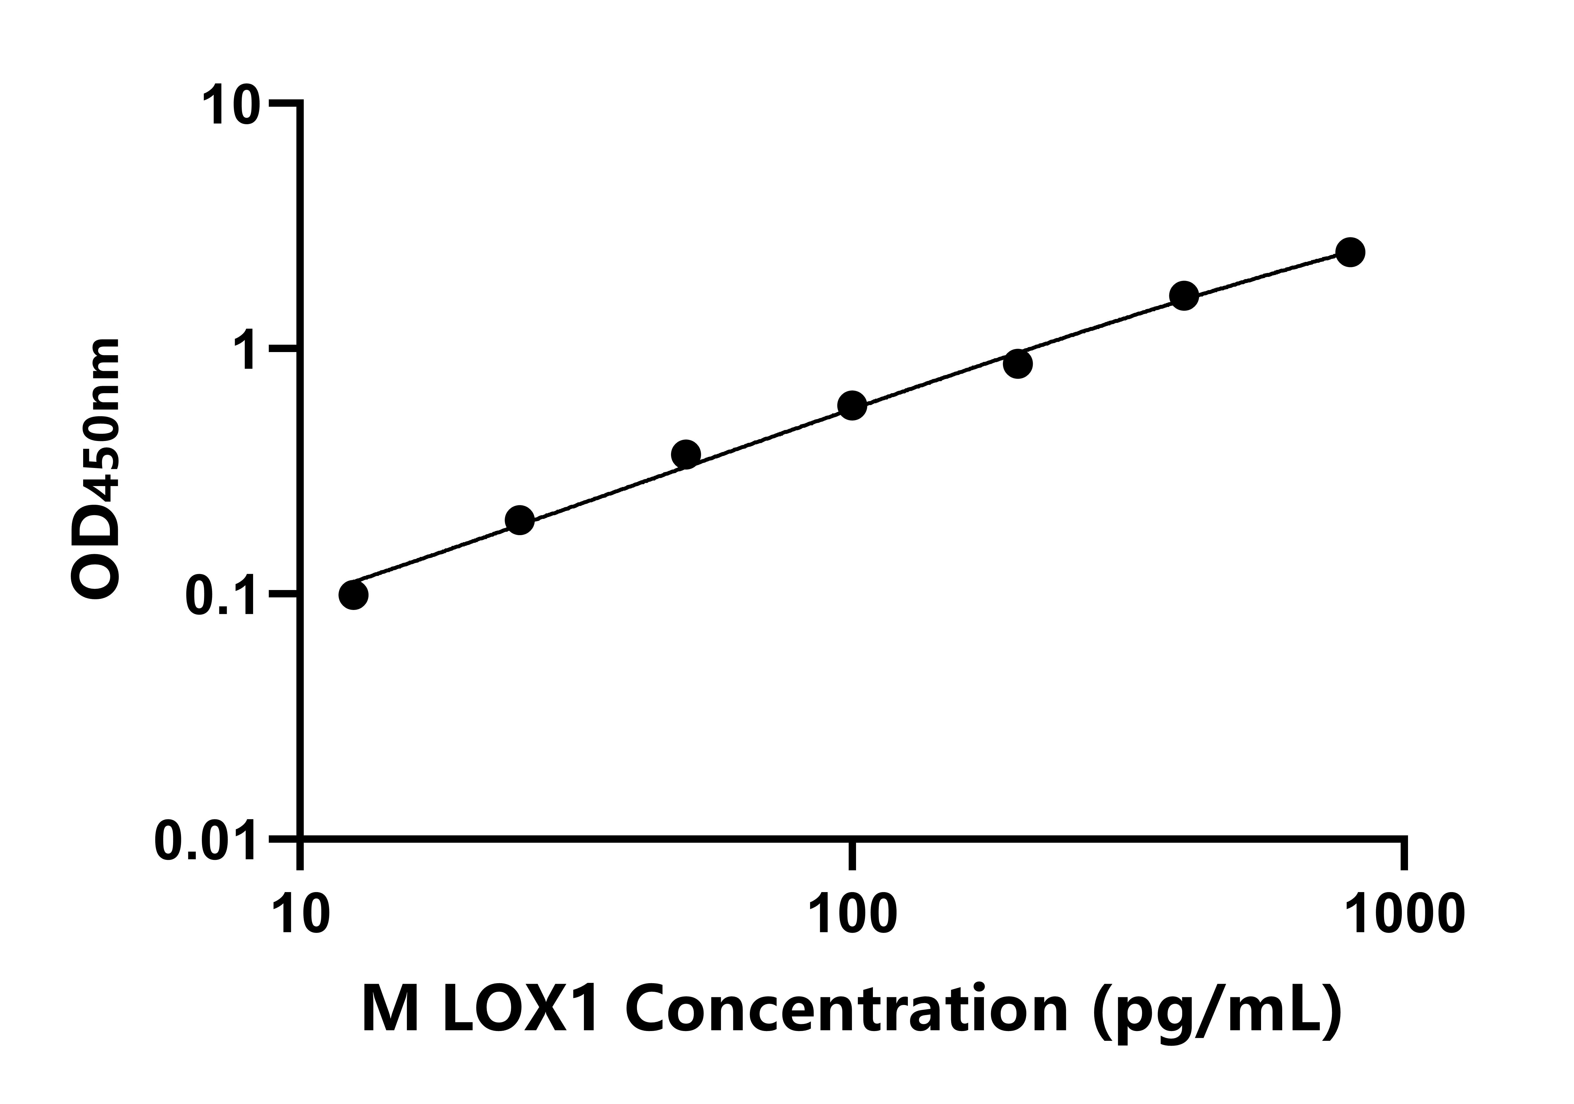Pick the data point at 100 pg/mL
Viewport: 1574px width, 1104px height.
[x=852, y=406]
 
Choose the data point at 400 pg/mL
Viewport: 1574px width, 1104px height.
[x=1184, y=296]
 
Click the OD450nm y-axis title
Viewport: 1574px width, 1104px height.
[x=96, y=470]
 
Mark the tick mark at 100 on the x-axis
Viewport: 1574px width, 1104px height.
[x=852, y=854]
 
